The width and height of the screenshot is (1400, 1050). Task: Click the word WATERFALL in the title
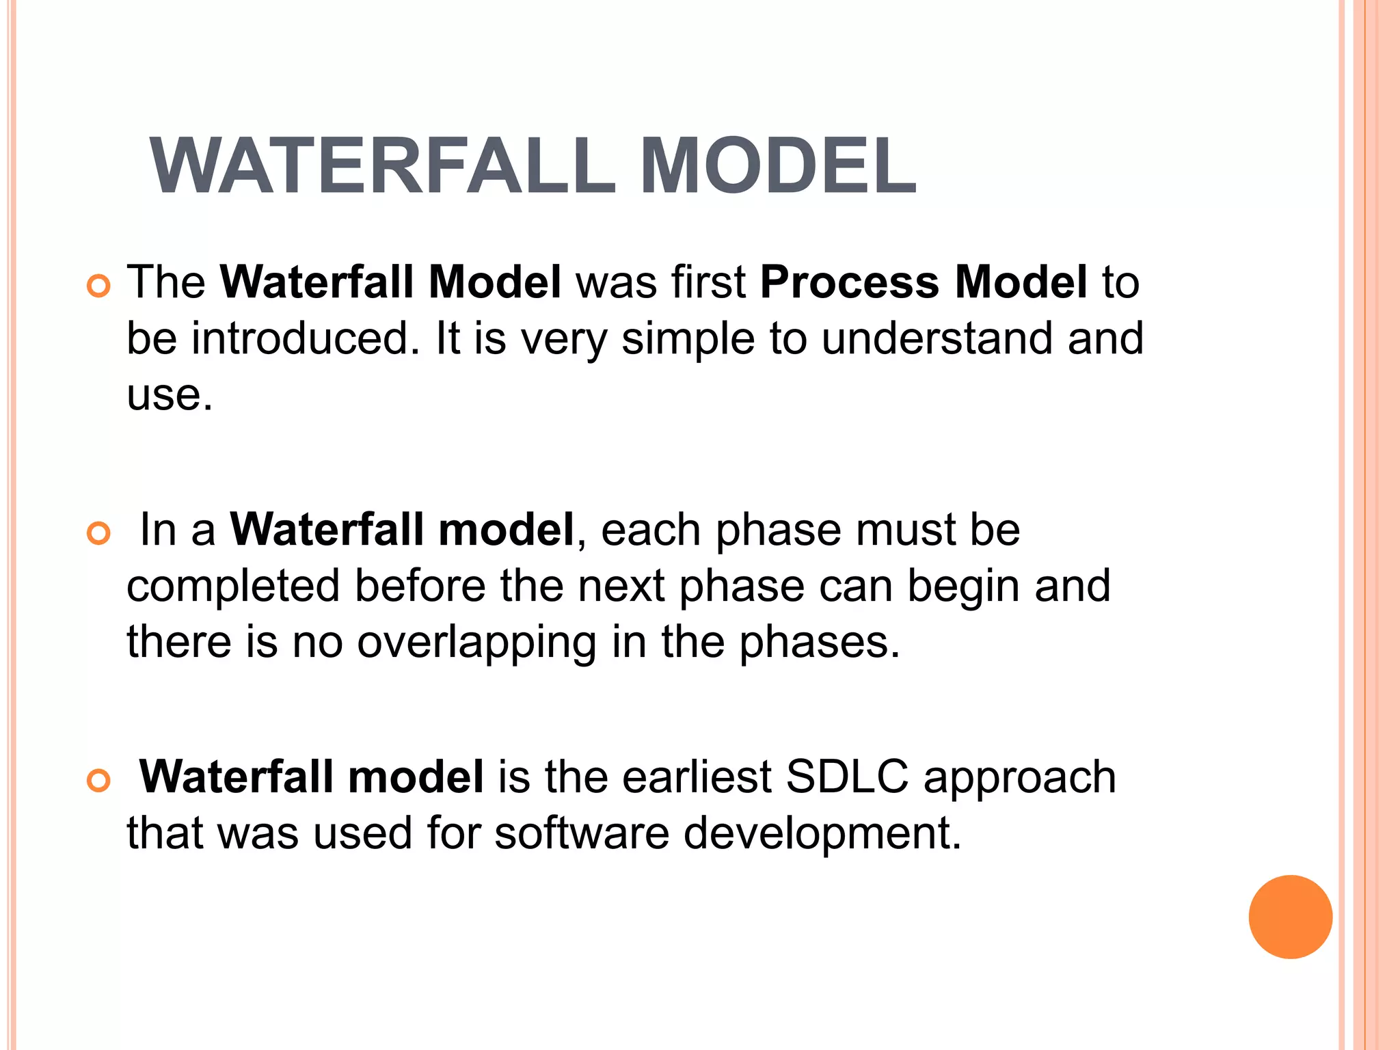383,166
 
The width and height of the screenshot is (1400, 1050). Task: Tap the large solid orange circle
1290,917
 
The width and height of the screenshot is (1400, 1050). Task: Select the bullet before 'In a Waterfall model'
99,533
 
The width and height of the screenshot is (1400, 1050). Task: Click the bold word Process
850,282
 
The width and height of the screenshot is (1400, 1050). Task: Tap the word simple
688,339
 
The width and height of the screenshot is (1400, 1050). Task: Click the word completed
233,587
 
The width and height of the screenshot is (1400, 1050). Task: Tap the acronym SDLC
847,777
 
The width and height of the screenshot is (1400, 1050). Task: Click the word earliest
697,777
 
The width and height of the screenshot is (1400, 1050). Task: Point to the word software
581,833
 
